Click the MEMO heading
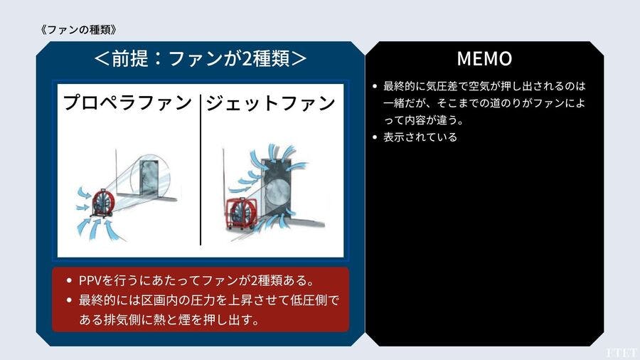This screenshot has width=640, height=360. click(x=484, y=58)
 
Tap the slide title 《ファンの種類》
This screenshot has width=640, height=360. click(x=79, y=29)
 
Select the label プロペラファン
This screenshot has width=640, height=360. click(x=127, y=102)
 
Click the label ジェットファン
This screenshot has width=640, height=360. click(x=270, y=103)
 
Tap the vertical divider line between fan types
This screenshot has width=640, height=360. click(x=201, y=169)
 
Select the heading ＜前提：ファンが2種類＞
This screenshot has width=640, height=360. click(x=200, y=58)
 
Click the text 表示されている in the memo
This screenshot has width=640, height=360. click(x=420, y=137)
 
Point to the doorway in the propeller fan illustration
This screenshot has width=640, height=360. click(x=148, y=179)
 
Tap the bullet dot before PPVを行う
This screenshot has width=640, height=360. click(x=70, y=281)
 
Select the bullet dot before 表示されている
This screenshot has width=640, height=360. click(x=375, y=137)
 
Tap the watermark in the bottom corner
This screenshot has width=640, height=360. click(x=622, y=353)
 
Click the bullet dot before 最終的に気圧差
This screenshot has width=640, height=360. click(x=375, y=86)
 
